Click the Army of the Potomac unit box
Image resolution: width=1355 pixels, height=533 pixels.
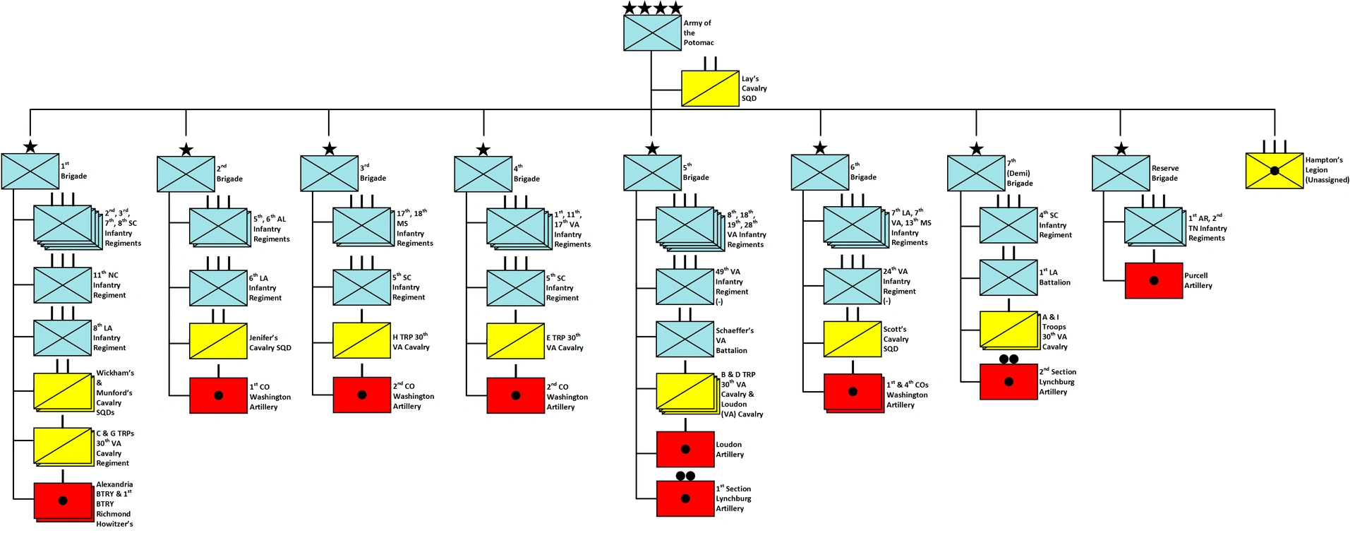click(652, 33)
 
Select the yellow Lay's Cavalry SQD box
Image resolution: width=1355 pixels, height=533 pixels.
click(710, 88)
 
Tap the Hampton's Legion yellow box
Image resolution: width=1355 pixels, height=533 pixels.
click(1274, 171)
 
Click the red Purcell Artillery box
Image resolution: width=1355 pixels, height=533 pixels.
click(1153, 281)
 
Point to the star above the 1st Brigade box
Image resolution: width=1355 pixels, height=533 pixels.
click(30, 147)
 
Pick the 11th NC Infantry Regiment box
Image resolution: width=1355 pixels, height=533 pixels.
click(63, 285)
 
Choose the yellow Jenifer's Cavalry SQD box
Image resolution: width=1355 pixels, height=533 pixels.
click(218, 341)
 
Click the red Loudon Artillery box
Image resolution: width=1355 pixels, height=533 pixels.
click(685, 449)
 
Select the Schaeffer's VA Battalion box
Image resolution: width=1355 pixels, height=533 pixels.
click(685, 339)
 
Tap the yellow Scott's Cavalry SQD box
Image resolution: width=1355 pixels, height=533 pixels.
click(853, 339)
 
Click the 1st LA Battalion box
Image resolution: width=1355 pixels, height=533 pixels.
click(1008, 277)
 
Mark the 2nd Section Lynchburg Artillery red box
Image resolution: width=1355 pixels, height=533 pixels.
click(1008, 381)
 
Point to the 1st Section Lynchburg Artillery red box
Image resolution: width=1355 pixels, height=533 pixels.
click(685, 498)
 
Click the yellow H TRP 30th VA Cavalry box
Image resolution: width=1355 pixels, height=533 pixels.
click(362, 340)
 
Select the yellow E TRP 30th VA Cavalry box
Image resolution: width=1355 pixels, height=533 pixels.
click(515, 341)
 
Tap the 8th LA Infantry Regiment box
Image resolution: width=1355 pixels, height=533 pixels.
click(63, 337)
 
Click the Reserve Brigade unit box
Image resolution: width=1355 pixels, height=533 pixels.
click(1121, 173)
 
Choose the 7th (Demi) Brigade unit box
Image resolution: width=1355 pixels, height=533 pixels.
click(976, 174)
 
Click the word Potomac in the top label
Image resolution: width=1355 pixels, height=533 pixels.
click(699, 43)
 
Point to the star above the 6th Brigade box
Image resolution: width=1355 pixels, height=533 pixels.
click(820, 148)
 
